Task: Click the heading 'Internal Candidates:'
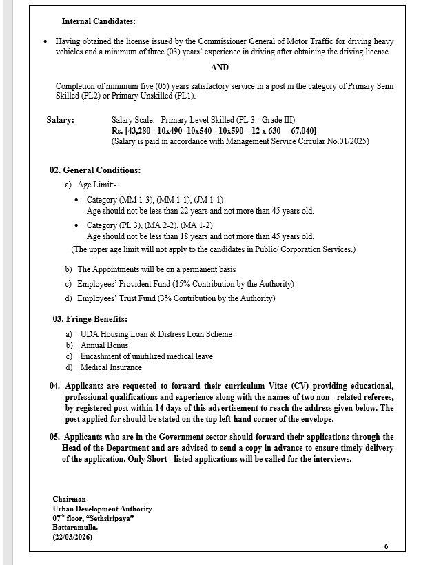[x=99, y=22]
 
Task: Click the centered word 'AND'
[x=220, y=68]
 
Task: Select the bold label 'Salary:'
[x=61, y=120]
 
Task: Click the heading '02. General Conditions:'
[x=95, y=169]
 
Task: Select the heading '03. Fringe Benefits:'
[x=90, y=320]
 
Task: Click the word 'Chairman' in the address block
[x=70, y=499]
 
